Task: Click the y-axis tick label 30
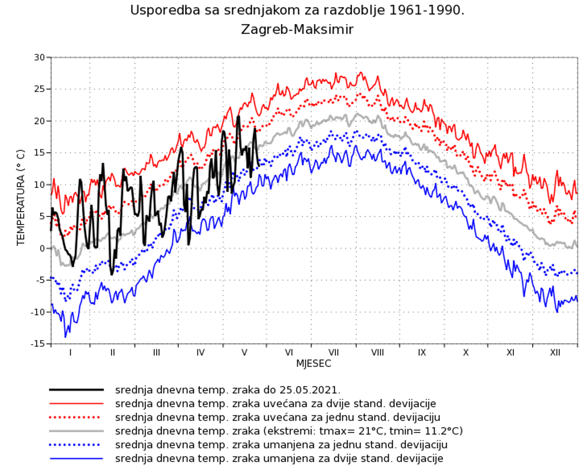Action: (40, 57)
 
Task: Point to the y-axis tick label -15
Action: (38, 344)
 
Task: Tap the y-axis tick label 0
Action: (42, 248)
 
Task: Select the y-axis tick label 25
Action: (40, 89)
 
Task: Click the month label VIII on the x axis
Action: (377, 352)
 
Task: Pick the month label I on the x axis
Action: (70, 352)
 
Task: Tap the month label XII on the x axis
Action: (555, 352)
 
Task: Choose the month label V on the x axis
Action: (244, 352)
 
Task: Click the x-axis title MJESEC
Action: (313, 364)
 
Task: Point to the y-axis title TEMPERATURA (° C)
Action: (21, 198)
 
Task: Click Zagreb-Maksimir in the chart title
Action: (297, 30)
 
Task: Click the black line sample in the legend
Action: (77, 390)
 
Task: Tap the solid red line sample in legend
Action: (77, 404)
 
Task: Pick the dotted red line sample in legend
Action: (77, 417)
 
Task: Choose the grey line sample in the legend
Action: (77, 431)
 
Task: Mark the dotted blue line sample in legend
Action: (77, 445)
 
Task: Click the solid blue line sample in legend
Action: (77, 459)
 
